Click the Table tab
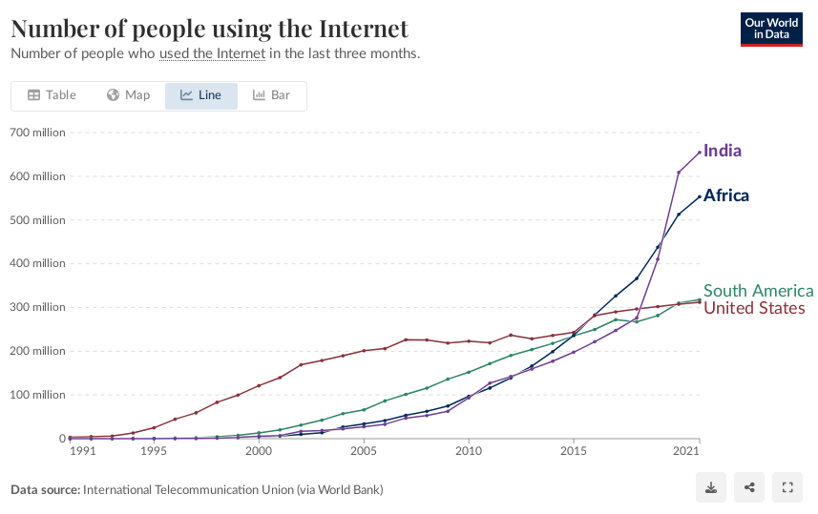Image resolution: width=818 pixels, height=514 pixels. coord(52,95)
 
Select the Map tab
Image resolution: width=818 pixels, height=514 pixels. coord(128,95)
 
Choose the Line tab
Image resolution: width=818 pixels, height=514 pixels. coord(200,95)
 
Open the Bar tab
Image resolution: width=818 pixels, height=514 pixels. coord(271,95)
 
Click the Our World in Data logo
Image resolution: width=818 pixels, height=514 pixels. coord(771,29)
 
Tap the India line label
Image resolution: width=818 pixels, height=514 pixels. coord(723,151)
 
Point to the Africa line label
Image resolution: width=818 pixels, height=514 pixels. coord(726,195)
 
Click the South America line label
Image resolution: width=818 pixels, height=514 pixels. coord(758,291)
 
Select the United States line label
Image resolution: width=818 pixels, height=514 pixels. coord(754,308)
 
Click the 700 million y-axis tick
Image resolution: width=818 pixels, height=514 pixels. coord(38,133)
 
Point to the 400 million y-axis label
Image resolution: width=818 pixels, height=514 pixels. coord(38,264)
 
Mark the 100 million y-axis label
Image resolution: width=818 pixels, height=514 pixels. coord(38,395)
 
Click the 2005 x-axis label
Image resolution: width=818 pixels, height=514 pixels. coord(363,451)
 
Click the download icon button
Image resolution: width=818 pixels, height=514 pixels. coord(711,488)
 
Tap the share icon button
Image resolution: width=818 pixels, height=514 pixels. coord(749,488)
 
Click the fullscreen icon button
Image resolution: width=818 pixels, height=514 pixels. coord(787,488)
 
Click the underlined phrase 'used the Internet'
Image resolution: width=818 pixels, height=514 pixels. coord(212,53)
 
